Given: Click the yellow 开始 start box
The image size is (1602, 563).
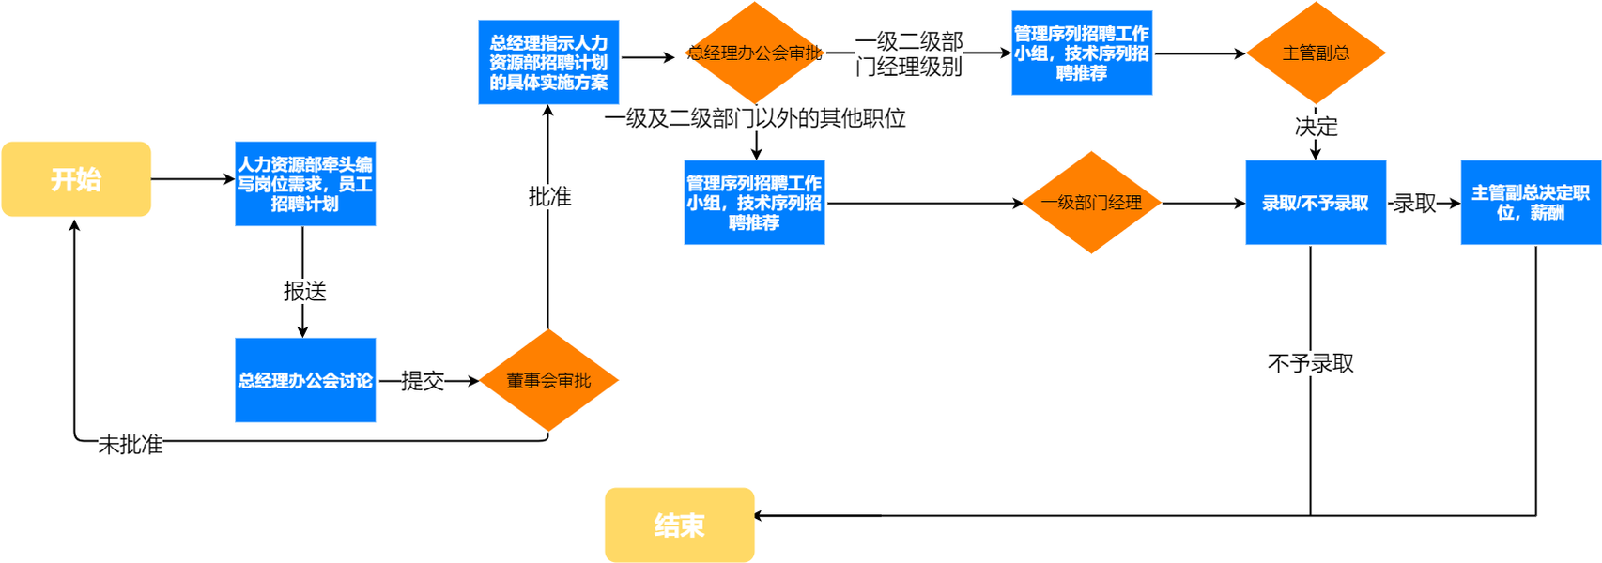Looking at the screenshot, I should point(76,179).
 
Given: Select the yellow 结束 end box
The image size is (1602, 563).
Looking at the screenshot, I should point(679,525).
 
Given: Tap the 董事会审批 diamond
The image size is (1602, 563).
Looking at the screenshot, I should point(548,380).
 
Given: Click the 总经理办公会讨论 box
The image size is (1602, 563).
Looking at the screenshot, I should point(305,380).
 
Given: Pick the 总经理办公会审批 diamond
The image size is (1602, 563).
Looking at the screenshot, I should point(754,53).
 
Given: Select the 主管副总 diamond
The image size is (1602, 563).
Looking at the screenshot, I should point(1316,53).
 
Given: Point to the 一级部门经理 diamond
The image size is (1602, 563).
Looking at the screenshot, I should point(1091,203).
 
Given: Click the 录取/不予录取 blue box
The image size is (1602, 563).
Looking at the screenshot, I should point(1315,203).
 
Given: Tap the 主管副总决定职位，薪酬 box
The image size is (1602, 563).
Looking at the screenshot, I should point(1530,203).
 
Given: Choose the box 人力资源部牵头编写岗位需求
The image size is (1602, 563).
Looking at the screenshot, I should point(305,184).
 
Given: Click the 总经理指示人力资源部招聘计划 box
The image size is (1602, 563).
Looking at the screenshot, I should point(548,62).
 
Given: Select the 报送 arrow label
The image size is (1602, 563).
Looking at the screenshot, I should point(305,292).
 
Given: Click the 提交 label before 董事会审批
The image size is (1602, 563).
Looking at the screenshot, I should point(423,380).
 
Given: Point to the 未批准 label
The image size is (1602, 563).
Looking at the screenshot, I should point(131,445).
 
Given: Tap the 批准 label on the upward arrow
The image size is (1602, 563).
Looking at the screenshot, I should point(549,197).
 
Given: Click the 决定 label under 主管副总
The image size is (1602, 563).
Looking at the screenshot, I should point(1316,126).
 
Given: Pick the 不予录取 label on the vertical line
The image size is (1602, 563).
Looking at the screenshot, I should point(1311,363).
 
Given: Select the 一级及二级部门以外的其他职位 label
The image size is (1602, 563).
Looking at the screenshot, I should point(755,118).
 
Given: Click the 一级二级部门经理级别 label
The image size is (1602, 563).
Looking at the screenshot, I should point(909,54).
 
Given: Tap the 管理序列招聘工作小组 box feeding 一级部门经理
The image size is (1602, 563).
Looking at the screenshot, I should point(754,203).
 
